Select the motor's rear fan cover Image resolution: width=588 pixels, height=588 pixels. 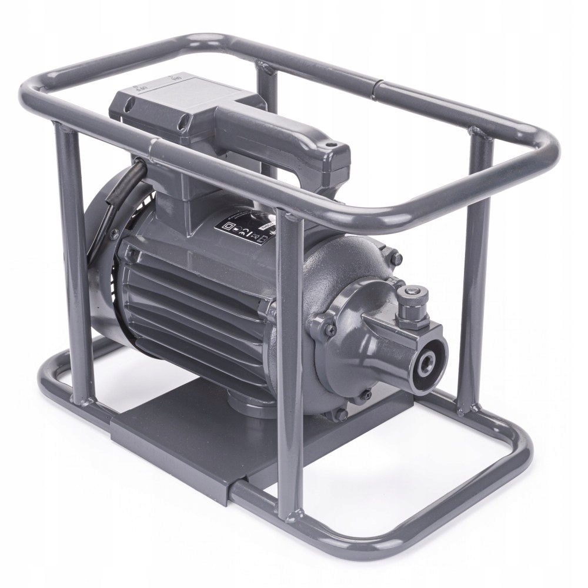106,265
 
